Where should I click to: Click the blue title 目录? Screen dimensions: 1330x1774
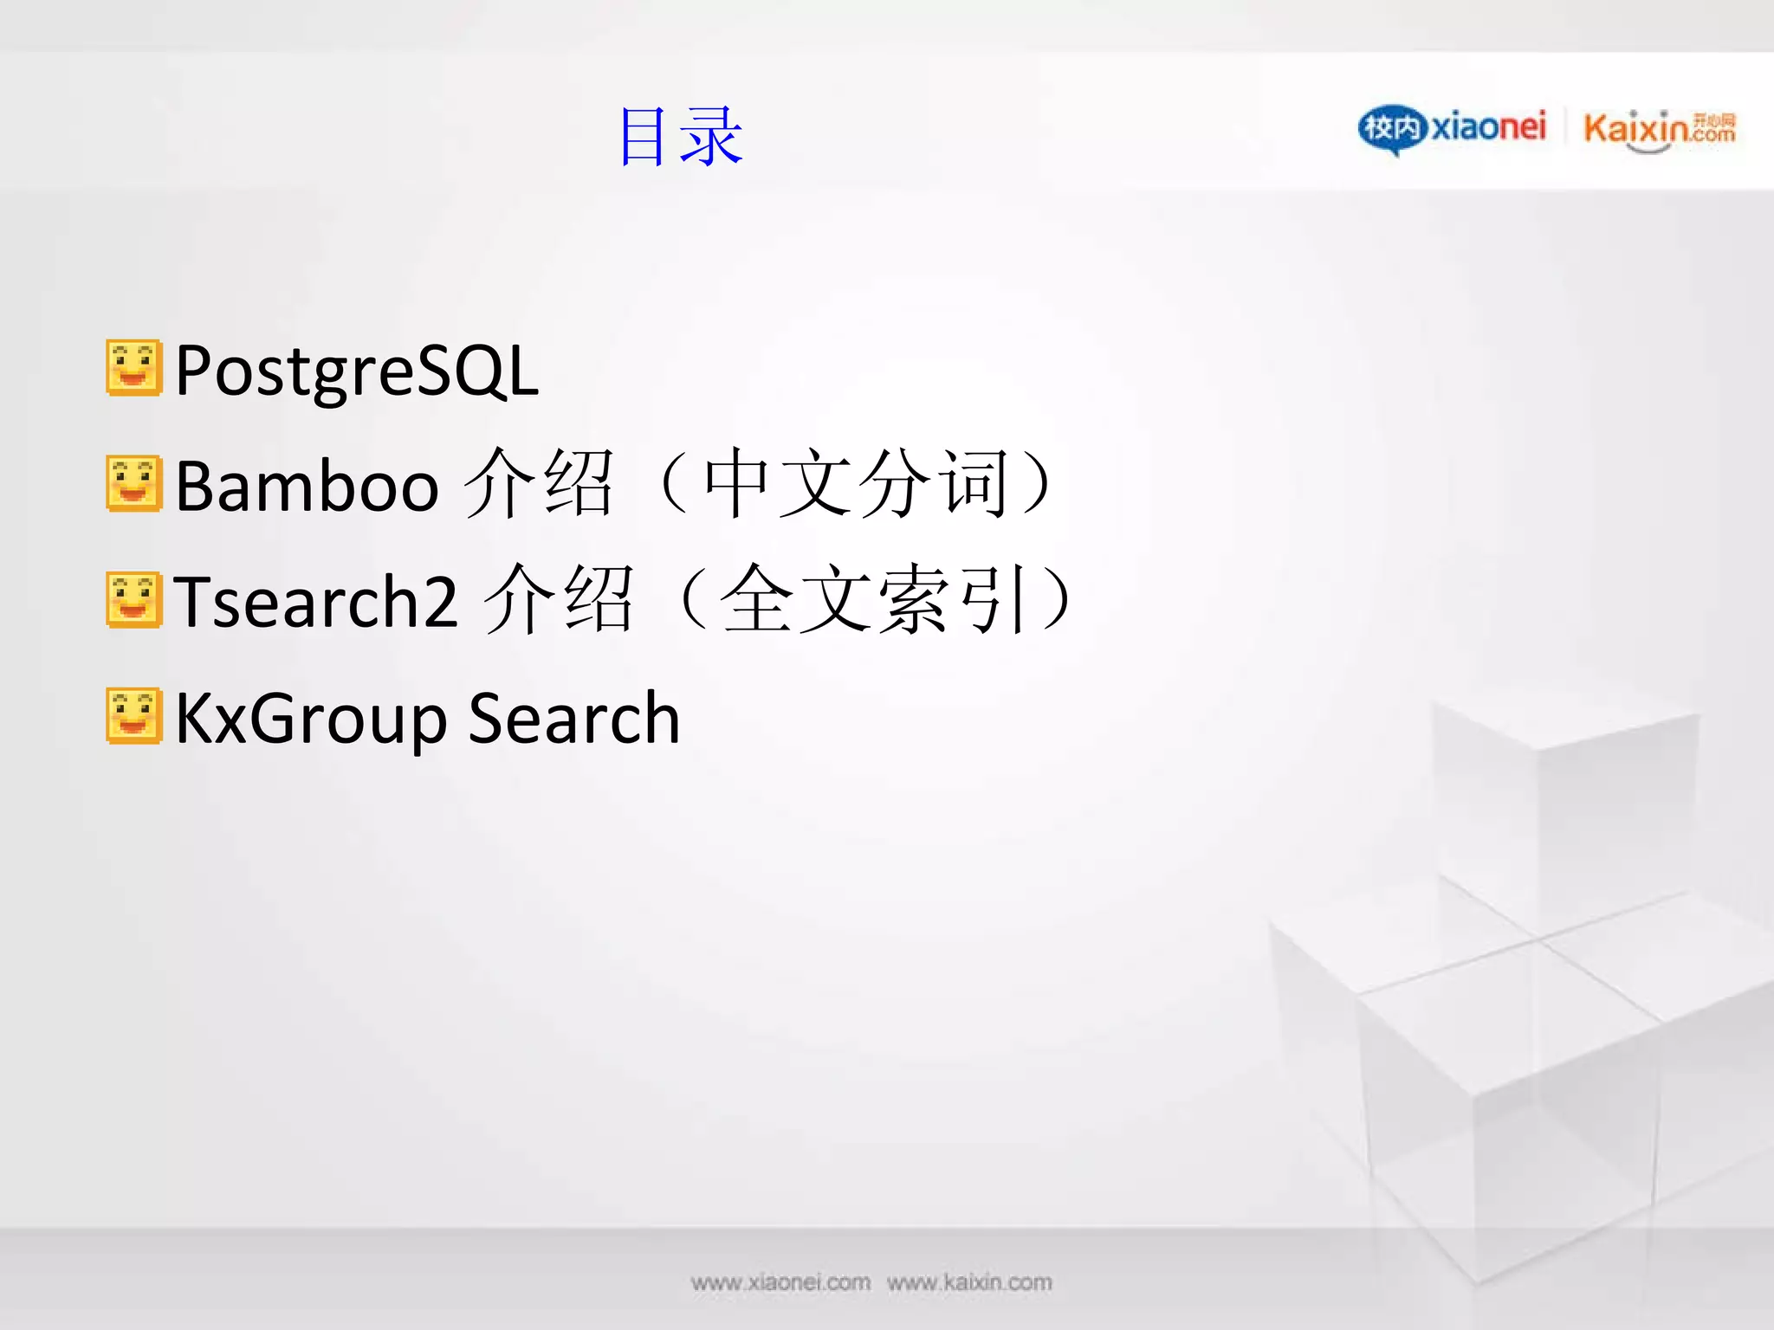click(681, 136)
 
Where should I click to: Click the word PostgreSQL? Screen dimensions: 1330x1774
click(357, 371)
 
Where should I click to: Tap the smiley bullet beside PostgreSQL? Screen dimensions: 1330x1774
click(133, 368)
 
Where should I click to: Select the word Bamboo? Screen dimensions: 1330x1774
click(308, 487)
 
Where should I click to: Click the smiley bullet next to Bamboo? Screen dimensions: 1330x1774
click(133, 483)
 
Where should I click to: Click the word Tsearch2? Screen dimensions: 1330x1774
click(315, 601)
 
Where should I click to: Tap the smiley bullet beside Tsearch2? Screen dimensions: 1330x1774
click(133, 599)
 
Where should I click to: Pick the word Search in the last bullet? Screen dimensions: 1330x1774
click(573, 719)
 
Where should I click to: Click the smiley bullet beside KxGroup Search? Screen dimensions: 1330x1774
click(133, 716)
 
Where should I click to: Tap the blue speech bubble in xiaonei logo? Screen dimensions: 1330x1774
click(1391, 129)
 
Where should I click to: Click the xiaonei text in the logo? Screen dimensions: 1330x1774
click(1487, 127)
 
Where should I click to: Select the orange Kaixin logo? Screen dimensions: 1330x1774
click(1657, 130)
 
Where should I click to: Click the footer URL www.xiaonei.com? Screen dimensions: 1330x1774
click(780, 1282)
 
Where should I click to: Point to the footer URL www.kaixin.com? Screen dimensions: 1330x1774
click(969, 1282)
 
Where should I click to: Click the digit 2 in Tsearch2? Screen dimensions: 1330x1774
click(442, 601)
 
